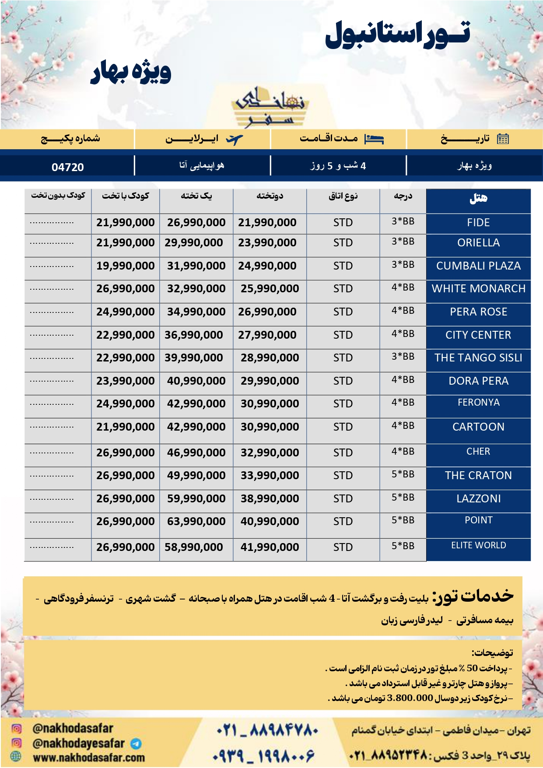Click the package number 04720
coord(67,167)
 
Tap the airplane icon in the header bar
coord(234,140)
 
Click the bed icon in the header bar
coord(374,139)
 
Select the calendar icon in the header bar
coord(503,139)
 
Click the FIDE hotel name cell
coord(478,223)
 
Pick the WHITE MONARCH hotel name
coord(478,289)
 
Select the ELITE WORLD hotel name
coord(478,545)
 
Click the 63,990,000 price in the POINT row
coord(196,522)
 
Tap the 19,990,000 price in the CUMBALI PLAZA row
coord(126,266)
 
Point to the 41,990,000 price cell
coord(270,547)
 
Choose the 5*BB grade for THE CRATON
coord(403,474)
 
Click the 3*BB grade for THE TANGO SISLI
coord(403,357)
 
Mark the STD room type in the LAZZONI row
coord(343,499)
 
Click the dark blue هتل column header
coord(478,199)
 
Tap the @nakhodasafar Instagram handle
coord(73,729)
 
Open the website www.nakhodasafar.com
coord(89,757)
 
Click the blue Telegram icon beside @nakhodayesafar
coord(136,743)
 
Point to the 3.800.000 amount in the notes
coord(410,698)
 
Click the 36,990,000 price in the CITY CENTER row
coord(193,335)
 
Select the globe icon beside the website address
coord(16,757)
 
